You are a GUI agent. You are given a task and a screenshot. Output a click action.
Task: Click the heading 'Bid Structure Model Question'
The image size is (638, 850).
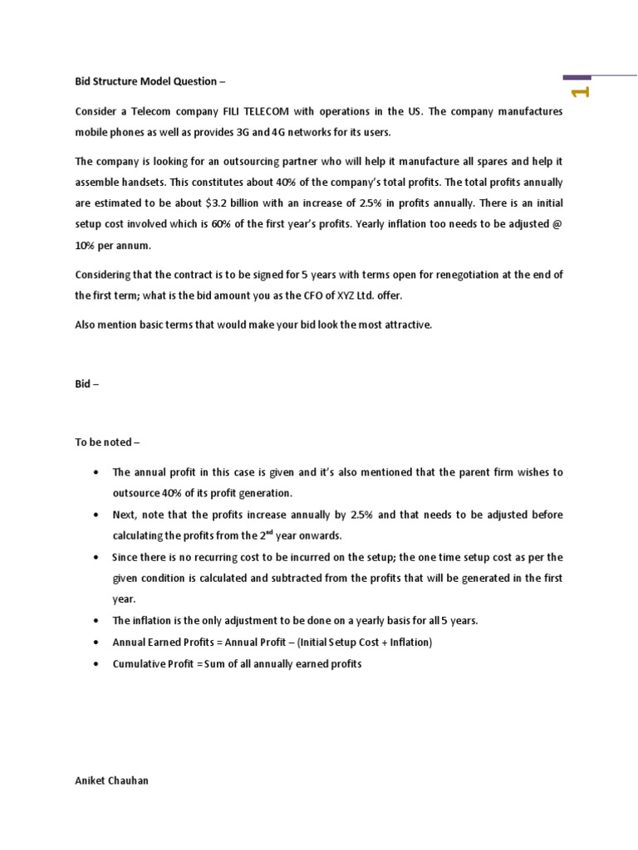pyautogui.click(x=150, y=82)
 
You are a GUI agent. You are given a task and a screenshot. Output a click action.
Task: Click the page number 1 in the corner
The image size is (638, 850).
pyautogui.click(x=581, y=91)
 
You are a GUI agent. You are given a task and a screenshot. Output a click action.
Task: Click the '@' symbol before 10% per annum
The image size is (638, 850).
pyautogui.click(x=557, y=225)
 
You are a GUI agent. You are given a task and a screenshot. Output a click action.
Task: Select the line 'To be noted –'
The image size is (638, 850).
pyautogui.click(x=107, y=442)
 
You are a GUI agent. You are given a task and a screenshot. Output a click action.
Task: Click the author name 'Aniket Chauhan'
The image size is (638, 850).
pyautogui.click(x=112, y=781)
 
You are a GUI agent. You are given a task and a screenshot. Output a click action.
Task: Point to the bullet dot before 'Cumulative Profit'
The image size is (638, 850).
pyautogui.click(x=97, y=664)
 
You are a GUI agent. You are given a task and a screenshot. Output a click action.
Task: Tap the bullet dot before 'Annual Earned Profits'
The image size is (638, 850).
pyautogui.click(x=97, y=642)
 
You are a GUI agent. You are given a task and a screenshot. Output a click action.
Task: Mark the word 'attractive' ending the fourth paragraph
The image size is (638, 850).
pyautogui.click(x=409, y=325)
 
